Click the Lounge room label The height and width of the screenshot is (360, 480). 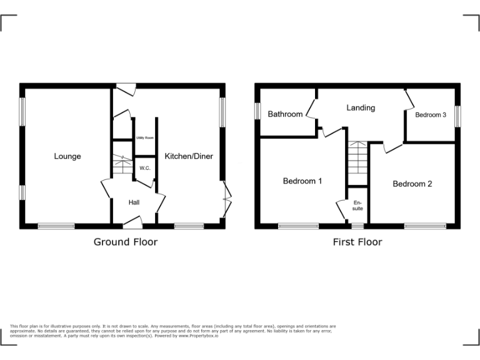(x=67, y=156)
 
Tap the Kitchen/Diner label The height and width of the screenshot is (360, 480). (x=189, y=156)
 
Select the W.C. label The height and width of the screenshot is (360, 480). (x=144, y=168)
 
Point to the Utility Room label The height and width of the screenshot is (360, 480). (x=145, y=137)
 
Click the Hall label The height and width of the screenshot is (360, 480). (x=134, y=202)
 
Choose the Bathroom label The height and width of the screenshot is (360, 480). (x=285, y=114)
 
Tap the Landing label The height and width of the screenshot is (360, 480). (x=361, y=107)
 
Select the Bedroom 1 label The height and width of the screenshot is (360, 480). (x=302, y=181)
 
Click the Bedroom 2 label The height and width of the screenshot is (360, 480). (x=412, y=184)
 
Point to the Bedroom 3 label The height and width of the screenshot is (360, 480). (x=431, y=115)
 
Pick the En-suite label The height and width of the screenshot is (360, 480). (x=357, y=206)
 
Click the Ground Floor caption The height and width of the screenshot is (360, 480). (x=126, y=242)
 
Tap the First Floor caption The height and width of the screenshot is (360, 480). (x=357, y=242)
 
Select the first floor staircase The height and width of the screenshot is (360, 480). (x=357, y=158)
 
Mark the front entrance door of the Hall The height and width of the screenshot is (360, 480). (x=132, y=221)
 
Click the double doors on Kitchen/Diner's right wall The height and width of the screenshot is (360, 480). (x=227, y=200)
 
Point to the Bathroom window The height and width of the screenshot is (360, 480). (x=257, y=109)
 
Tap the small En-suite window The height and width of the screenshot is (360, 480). (x=357, y=224)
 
